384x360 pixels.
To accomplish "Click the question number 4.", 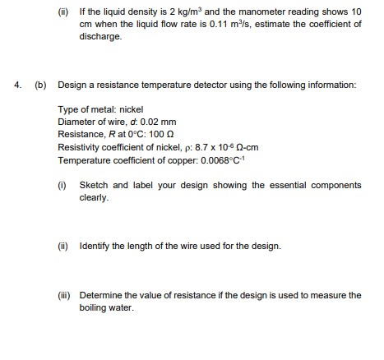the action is [16, 85].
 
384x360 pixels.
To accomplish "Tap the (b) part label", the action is [40, 85].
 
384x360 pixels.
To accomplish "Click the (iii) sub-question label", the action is [64, 294].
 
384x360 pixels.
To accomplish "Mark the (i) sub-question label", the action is [62, 186].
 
